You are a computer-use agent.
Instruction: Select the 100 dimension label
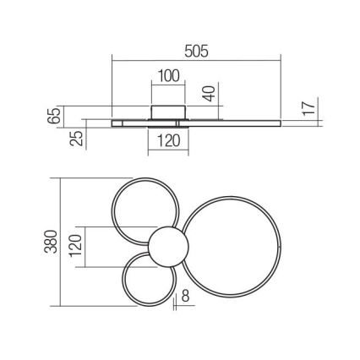[169, 75]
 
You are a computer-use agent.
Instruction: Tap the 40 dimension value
[210, 94]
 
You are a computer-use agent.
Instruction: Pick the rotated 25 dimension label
[78, 137]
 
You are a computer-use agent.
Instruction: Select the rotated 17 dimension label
[308, 107]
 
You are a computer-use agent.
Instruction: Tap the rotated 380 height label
[55, 243]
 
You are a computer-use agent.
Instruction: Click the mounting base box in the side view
[167, 113]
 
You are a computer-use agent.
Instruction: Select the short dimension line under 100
[169, 85]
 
